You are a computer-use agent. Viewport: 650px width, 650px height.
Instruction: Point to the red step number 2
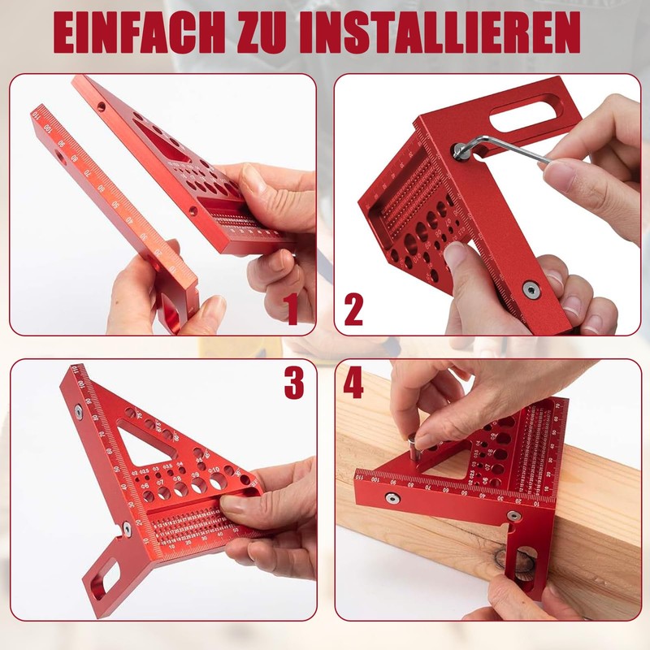[353, 310]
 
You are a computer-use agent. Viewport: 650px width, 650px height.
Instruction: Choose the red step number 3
[293, 385]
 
